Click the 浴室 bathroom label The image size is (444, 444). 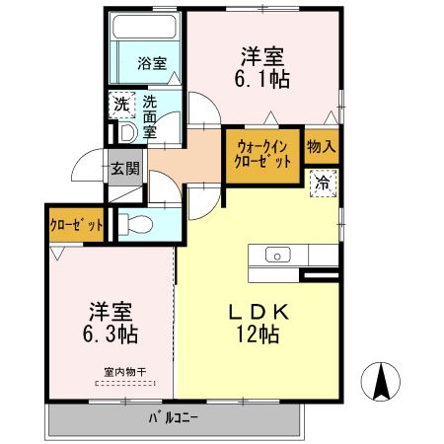tap(151, 63)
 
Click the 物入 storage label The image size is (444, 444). tap(322, 147)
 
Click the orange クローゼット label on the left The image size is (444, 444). tap(77, 225)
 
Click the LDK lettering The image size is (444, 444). tap(258, 312)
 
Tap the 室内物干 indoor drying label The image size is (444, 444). tap(124, 372)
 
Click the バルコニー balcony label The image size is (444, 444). tap(174, 417)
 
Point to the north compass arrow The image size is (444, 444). tap(382, 379)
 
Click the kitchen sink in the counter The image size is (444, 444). tap(277, 257)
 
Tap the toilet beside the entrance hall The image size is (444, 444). tap(136, 224)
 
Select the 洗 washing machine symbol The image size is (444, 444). tap(120, 104)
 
